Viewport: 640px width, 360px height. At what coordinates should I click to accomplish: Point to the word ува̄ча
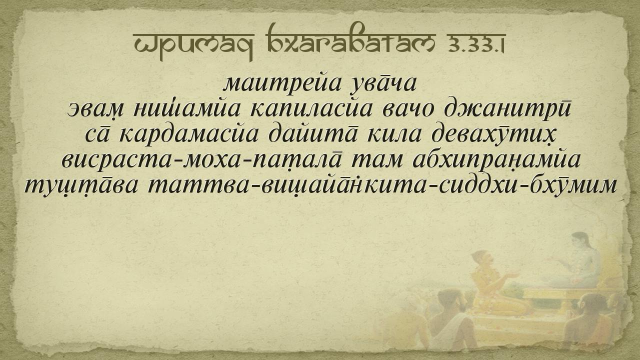pos(383,85)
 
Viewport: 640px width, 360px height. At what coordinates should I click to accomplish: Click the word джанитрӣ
pos(507,109)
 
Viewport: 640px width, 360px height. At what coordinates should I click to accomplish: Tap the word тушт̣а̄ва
pos(81,185)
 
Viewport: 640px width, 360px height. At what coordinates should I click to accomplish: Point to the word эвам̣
pos(95,110)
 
